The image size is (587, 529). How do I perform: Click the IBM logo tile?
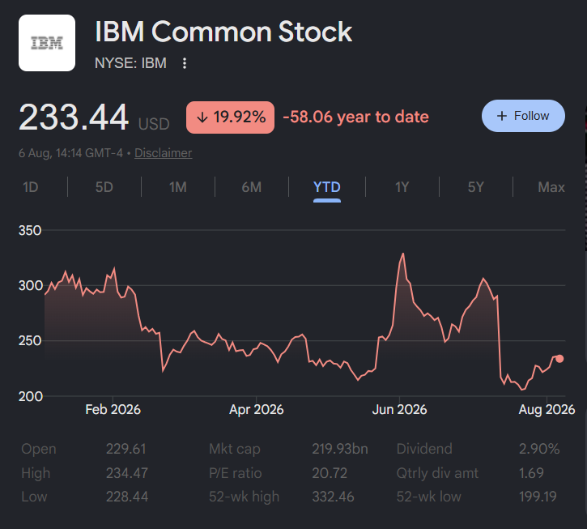click(x=47, y=43)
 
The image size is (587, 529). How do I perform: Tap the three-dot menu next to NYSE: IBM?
click(x=184, y=63)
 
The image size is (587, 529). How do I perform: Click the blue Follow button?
click(x=523, y=116)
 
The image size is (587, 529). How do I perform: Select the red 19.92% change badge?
click(x=230, y=117)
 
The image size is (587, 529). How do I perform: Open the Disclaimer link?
click(x=164, y=153)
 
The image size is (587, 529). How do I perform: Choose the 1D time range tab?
click(x=30, y=187)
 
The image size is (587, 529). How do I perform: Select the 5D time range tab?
click(x=104, y=187)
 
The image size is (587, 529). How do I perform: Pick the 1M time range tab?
click(x=178, y=187)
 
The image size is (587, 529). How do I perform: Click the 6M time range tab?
click(x=252, y=187)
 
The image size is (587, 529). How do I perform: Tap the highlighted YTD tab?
click(x=327, y=187)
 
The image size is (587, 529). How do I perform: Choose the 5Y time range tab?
click(x=476, y=187)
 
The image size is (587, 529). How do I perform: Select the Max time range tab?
click(x=551, y=187)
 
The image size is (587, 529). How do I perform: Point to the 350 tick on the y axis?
click(x=30, y=230)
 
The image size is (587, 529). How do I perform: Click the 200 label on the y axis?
click(x=30, y=396)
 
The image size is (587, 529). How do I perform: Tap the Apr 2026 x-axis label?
click(x=257, y=409)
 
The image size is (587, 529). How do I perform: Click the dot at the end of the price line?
click(x=559, y=359)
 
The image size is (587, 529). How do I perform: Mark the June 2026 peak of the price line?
click(x=403, y=254)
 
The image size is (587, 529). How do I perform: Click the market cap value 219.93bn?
click(x=340, y=449)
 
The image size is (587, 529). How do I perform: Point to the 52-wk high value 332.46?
click(x=333, y=497)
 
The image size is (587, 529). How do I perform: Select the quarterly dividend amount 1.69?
click(x=531, y=473)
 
